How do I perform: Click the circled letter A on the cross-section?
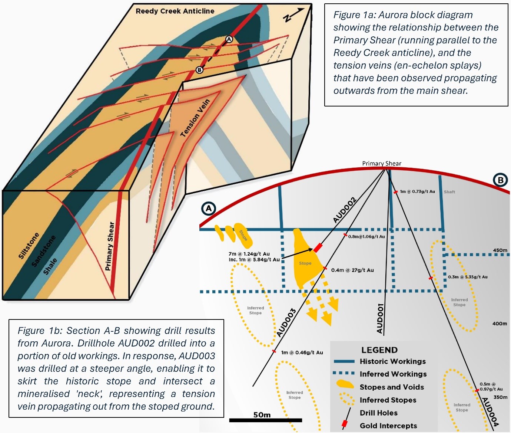(x=209, y=209)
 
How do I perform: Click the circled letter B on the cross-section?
(x=500, y=180)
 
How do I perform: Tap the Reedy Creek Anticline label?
(x=175, y=11)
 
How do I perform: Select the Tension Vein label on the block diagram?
(x=195, y=118)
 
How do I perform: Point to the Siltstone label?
(x=29, y=246)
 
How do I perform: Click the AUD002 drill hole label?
(x=344, y=210)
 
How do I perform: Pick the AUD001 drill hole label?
(x=380, y=318)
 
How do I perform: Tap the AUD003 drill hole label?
(x=286, y=323)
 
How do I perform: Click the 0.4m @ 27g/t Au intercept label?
(x=352, y=270)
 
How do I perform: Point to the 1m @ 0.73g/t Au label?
(x=417, y=191)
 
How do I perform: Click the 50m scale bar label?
(x=262, y=415)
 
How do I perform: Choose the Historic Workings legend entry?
(x=392, y=361)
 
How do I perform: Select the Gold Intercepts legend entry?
(x=388, y=426)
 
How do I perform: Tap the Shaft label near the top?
(x=449, y=192)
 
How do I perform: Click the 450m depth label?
(x=500, y=250)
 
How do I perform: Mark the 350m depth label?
(x=500, y=397)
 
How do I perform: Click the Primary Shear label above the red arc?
(x=381, y=164)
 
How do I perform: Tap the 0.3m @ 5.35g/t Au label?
(x=468, y=277)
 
